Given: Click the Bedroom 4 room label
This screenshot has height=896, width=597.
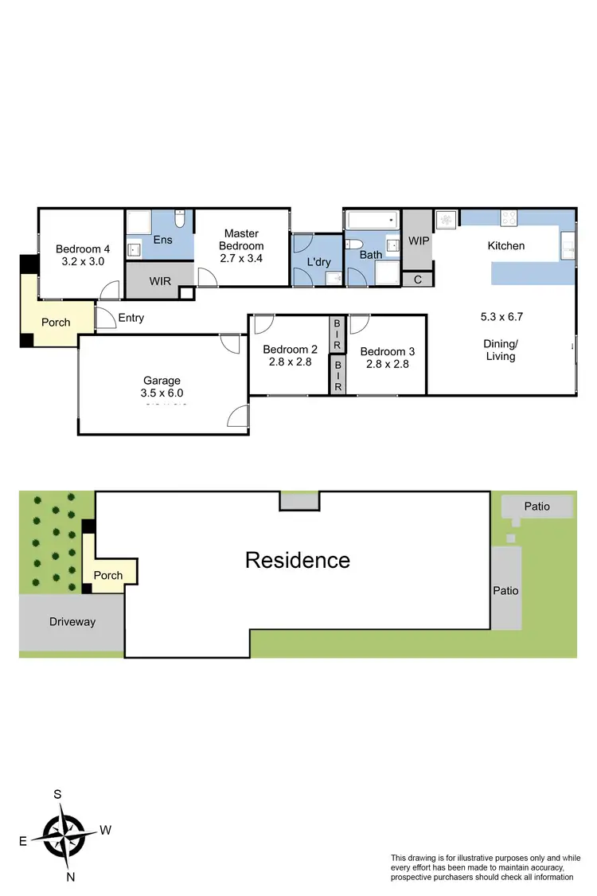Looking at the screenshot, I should tap(78, 248).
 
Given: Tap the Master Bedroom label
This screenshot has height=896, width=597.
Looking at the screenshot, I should tap(241, 240).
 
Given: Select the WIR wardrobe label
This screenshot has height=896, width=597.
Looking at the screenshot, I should tap(159, 282).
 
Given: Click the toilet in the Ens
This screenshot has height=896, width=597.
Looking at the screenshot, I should tap(180, 218).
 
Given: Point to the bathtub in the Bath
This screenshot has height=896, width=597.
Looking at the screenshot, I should tap(371, 219).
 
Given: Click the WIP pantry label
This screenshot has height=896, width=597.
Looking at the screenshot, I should tap(418, 241).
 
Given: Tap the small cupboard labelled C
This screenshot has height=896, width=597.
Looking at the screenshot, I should tap(418, 279).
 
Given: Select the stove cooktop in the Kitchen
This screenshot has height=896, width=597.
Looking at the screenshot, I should tap(509, 217).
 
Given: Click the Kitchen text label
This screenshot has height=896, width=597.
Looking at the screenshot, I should tap(506, 245).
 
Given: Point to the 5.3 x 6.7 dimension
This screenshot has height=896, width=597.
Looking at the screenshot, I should tap(501, 316).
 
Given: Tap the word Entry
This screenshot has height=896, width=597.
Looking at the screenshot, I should tap(131, 318).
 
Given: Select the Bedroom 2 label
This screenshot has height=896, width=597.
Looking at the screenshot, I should tap(290, 350).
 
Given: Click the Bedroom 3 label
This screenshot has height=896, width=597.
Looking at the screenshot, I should tap(387, 351).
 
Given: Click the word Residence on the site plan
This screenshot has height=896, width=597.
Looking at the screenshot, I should tap(297, 560).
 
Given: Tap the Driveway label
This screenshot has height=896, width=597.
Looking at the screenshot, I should tap(72, 621).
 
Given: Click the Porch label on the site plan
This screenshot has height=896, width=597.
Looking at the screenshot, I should tap(108, 575).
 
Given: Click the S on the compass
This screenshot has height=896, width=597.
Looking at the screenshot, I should tap(57, 794).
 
